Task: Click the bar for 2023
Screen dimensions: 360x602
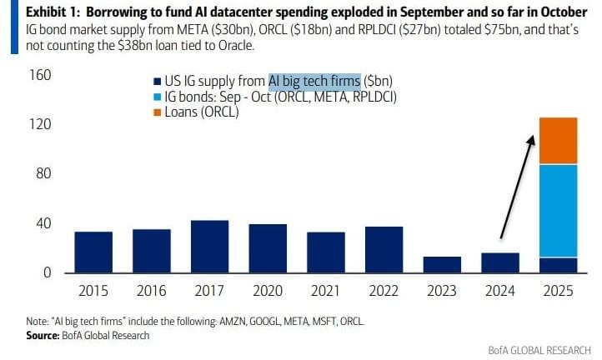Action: [442, 265]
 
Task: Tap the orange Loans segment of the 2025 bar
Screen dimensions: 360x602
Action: [558, 141]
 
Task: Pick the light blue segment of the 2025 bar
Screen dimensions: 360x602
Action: [558, 211]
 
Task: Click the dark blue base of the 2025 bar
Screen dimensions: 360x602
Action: [558, 265]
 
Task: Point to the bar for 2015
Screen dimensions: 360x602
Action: [93, 252]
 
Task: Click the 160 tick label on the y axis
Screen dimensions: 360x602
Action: [40, 76]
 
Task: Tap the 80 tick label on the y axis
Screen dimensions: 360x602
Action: [43, 174]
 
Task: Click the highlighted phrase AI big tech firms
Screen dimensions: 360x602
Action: [314, 82]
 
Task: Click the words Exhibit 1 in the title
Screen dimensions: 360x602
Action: [33, 12]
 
